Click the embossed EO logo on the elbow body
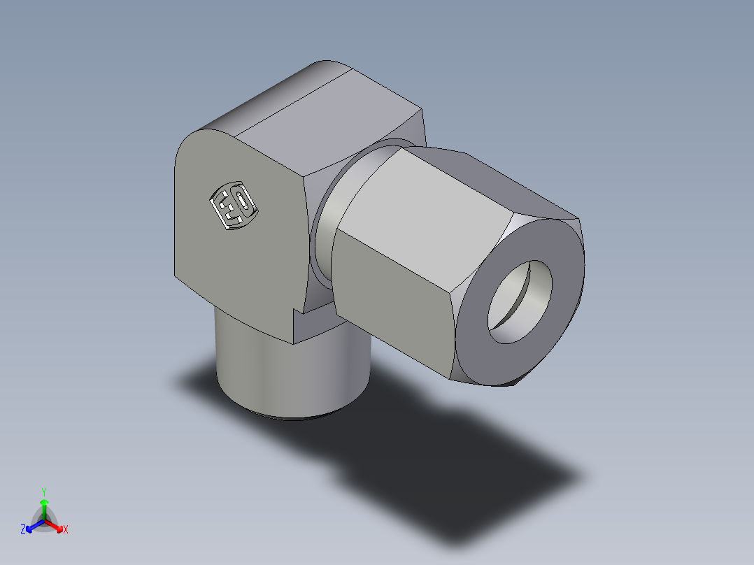tap(234, 206)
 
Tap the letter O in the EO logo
tap(242, 202)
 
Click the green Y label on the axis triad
tap(43, 491)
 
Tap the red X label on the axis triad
tap(65, 529)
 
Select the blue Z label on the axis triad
tap(23, 529)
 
